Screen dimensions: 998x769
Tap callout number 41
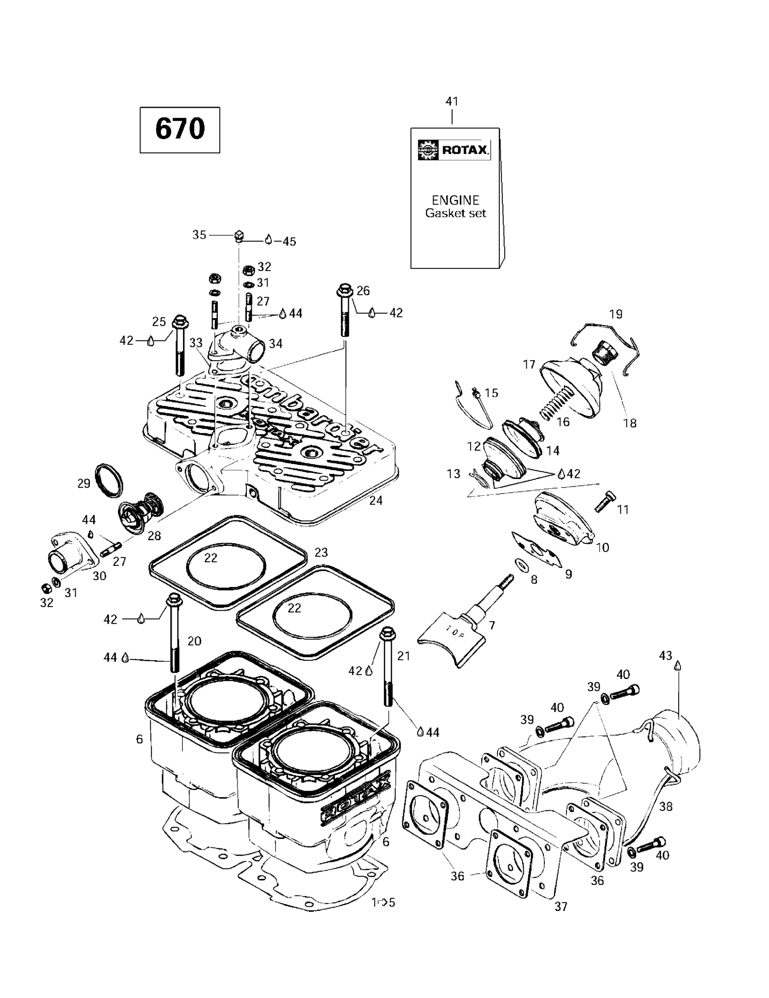tap(452, 101)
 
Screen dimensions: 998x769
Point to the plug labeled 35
tap(238, 236)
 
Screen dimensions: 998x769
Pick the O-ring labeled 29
tap(109, 480)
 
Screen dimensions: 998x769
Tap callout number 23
tap(321, 553)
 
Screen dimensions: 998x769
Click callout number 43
tap(665, 656)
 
